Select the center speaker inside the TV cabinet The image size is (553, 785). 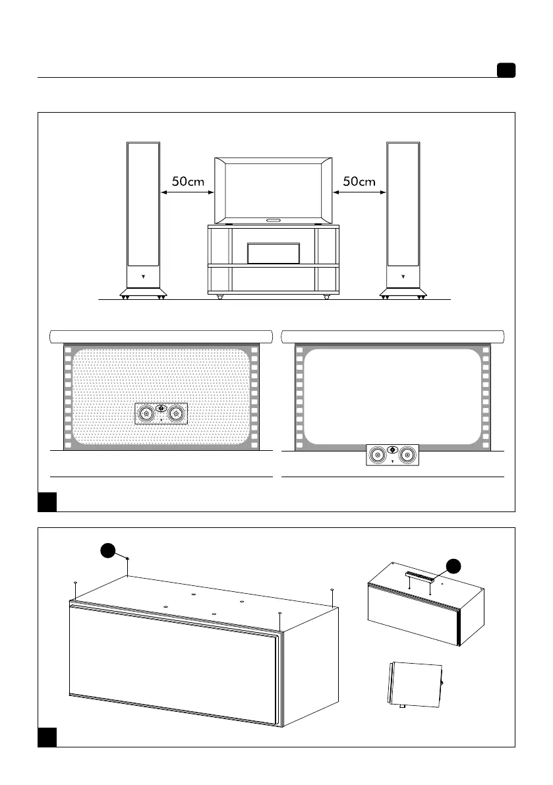(x=274, y=252)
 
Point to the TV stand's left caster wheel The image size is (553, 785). (x=219, y=297)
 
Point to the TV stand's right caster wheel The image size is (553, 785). (x=327, y=297)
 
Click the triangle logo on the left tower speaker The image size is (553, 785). (x=143, y=277)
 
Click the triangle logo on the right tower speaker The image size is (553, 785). (x=403, y=277)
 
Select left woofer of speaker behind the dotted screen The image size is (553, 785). (x=146, y=414)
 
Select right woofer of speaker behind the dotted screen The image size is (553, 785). (x=175, y=414)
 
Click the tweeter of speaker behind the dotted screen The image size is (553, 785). (x=161, y=407)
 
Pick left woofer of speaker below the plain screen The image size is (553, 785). (x=377, y=454)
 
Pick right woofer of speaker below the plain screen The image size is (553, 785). (x=407, y=454)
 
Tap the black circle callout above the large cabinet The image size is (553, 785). (x=110, y=554)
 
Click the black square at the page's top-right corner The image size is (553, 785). (x=506, y=71)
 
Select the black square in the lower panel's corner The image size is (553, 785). (x=46, y=737)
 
